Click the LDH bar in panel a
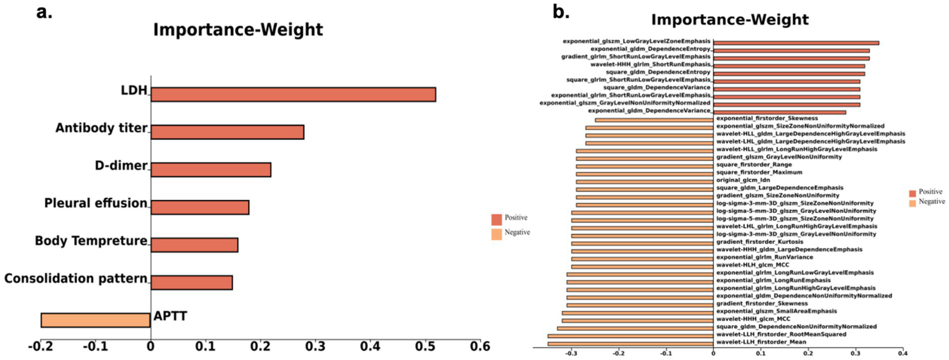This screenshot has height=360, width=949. click(293, 94)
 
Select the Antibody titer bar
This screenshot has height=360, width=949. click(227, 132)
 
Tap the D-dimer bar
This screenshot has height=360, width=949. click(211, 169)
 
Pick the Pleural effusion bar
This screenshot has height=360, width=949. click(200, 207)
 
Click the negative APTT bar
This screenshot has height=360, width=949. click(95, 320)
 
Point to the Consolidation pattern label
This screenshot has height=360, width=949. click(75, 279)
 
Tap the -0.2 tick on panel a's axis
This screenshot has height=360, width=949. click(41, 345)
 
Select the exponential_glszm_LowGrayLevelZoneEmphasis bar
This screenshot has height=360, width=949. click(796, 43)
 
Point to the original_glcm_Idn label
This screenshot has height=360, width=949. click(738, 180)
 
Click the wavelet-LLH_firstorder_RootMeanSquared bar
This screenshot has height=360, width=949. click(630, 335)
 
